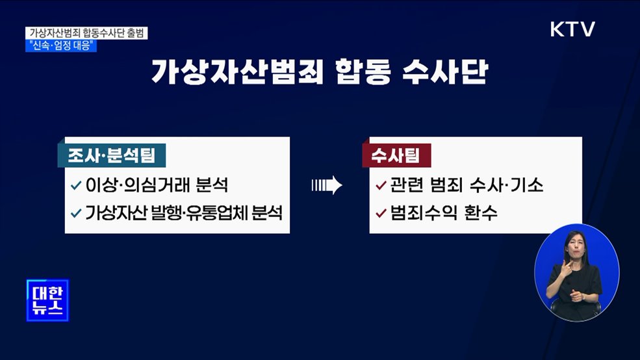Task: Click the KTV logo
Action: coord(572,29)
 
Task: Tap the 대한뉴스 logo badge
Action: coord(48,300)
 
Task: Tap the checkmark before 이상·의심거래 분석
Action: coord(76,185)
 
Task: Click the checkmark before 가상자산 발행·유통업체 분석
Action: coord(76,212)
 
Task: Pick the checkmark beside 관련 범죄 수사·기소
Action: coord(381,185)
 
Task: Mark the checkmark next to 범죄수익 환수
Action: coord(381,212)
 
